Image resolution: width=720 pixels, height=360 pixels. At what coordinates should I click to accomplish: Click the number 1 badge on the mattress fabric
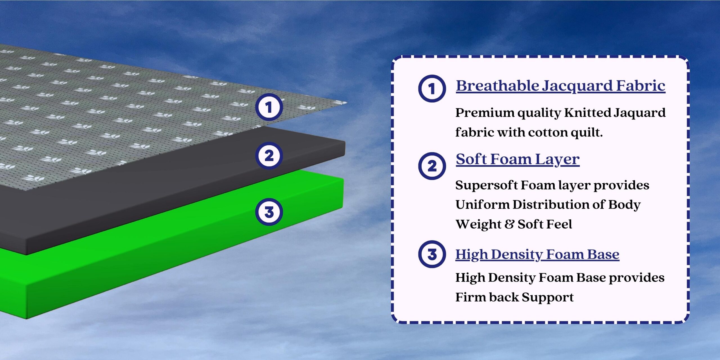269,107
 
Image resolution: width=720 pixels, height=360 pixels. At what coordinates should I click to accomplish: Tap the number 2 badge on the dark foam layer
269,156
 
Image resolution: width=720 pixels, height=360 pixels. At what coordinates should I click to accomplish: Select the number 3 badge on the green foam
269,212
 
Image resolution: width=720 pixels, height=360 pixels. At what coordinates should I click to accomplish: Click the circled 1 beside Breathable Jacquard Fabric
432,89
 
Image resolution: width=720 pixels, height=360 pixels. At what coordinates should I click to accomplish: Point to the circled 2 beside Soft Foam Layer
432,166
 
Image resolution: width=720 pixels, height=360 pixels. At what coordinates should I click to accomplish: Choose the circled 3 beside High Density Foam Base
432,254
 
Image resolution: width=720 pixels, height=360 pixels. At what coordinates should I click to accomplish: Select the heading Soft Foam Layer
518,159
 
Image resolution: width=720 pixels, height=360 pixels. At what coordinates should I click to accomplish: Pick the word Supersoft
487,186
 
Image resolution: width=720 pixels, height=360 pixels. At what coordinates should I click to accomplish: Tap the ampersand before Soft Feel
509,224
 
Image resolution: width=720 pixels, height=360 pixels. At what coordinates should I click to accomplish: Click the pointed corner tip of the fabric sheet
346,103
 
